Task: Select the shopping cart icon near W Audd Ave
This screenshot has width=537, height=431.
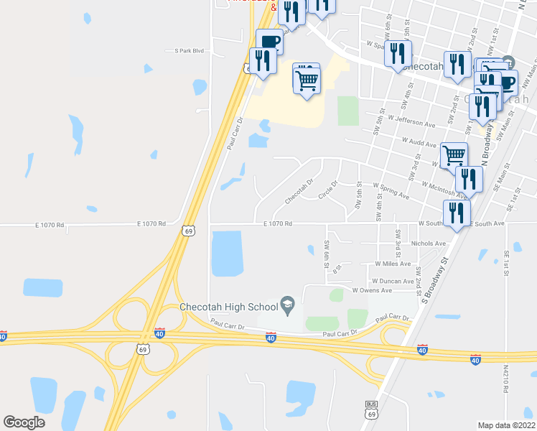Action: tap(454, 154)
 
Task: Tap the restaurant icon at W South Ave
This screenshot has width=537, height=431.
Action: tap(456, 213)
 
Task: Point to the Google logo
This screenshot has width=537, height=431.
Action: tap(24, 422)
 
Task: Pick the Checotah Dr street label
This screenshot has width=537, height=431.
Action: tap(299, 190)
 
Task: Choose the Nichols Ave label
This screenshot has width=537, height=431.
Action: tap(428, 244)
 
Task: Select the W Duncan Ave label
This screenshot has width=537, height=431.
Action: tap(393, 281)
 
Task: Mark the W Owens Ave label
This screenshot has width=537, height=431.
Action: tap(372, 290)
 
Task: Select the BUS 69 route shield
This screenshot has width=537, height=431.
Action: tap(371, 411)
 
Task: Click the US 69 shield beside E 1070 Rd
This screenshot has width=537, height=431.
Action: tap(188, 231)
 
